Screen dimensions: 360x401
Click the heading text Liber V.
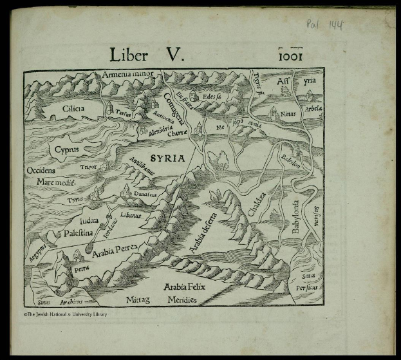pyautogui.click(x=147, y=55)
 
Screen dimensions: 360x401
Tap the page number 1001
pyautogui.click(x=290, y=55)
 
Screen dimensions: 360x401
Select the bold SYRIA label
pyautogui.click(x=167, y=158)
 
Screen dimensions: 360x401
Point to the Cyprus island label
pyautogui.click(x=66, y=149)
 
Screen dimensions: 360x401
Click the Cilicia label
pyautogui.click(x=73, y=109)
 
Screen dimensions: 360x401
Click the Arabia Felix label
pyautogui.click(x=184, y=286)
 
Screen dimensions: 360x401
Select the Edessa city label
pyautogui.click(x=212, y=97)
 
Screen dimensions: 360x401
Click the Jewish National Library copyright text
pyautogui.click(x=66, y=314)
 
